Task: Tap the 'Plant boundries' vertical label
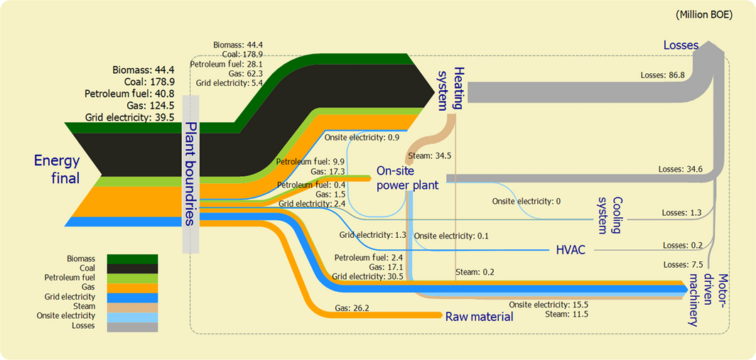click(190, 173)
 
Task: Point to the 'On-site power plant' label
click(407, 178)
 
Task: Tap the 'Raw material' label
click(479, 317)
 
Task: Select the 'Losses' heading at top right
click(681, 45)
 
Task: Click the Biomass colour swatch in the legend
click(132, 258)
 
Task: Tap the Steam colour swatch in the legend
click(132, 307)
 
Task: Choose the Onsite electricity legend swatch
click(132, 317)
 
